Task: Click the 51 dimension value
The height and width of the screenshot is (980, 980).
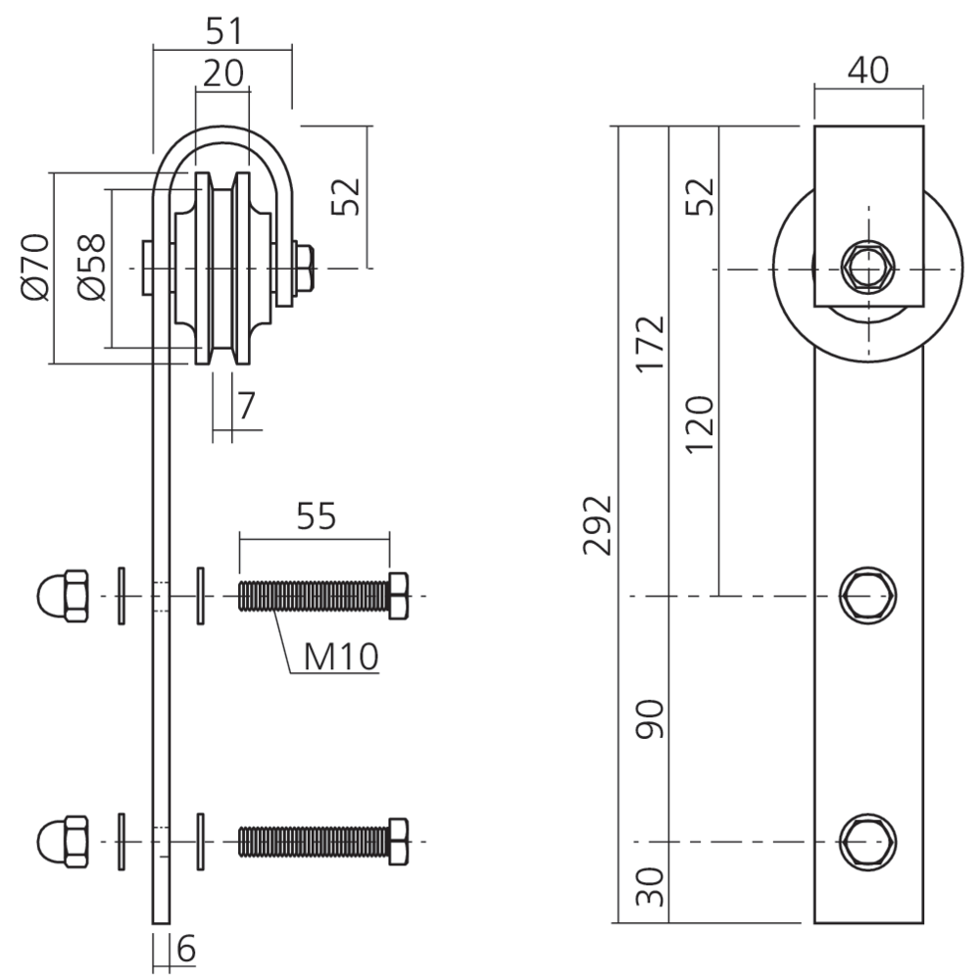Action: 223,31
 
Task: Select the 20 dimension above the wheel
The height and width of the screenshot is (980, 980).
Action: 223,73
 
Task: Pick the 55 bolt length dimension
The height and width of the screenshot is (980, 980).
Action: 315,515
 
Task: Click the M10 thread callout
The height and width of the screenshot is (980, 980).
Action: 340,657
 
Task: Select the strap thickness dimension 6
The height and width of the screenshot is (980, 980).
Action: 186,948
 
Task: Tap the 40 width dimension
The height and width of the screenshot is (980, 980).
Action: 867,71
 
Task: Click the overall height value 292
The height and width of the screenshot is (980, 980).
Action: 597,525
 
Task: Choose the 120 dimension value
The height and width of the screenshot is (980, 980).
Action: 700,423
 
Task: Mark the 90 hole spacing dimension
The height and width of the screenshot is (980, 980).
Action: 649,719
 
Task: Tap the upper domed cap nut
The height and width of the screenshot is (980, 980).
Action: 63,595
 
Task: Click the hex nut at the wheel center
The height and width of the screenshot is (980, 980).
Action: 867,268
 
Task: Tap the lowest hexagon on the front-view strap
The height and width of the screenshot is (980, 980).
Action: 868,841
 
